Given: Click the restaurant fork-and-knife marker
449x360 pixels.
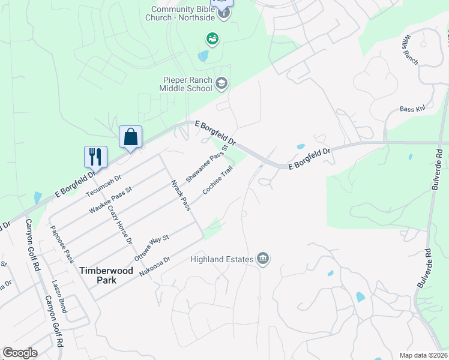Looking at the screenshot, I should click(95, 157).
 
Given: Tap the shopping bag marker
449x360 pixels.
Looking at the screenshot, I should click(130, 137).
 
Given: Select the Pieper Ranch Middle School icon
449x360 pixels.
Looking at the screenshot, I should click(221, 83).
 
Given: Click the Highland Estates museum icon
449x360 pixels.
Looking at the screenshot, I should click(263, 259).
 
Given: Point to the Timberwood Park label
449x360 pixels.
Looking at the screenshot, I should click(106, 275).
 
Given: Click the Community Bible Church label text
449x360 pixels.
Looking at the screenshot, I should click(182, 13).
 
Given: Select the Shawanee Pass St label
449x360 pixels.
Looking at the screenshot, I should click(207, 163).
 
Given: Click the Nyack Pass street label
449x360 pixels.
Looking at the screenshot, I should click(181, 195).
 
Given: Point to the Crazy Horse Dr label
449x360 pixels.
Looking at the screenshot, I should click(119, 225).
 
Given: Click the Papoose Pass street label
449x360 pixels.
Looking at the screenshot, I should click(62, 244).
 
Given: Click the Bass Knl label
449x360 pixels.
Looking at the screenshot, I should click(412, 110).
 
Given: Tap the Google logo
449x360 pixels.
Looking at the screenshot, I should click(20, 353).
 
